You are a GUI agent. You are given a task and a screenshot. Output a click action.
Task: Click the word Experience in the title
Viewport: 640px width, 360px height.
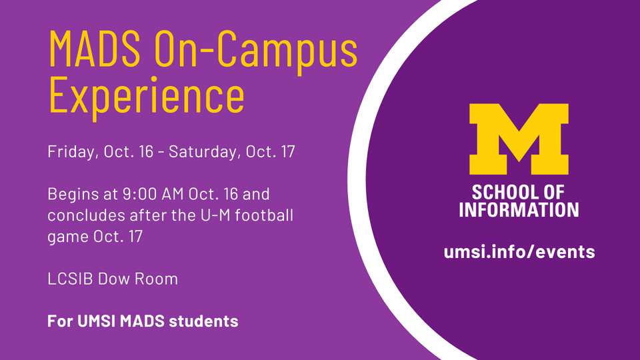147,95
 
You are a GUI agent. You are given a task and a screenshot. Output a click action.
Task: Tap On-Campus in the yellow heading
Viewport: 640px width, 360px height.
256,49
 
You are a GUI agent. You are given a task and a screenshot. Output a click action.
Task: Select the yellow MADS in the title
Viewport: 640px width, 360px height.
95,48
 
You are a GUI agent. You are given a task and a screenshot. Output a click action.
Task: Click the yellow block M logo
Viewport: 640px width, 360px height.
519,139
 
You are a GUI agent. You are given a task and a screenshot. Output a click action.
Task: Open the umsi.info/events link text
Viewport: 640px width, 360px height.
519,251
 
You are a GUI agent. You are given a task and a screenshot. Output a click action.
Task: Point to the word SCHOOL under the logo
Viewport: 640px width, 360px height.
501,192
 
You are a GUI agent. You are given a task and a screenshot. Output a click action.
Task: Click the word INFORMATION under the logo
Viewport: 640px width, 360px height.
519,209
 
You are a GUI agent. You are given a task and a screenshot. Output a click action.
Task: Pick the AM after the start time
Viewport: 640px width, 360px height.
173,194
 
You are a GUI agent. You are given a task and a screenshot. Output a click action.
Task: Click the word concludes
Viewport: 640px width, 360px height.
87,215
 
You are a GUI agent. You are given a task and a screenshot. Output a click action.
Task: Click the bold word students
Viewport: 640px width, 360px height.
204,321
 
